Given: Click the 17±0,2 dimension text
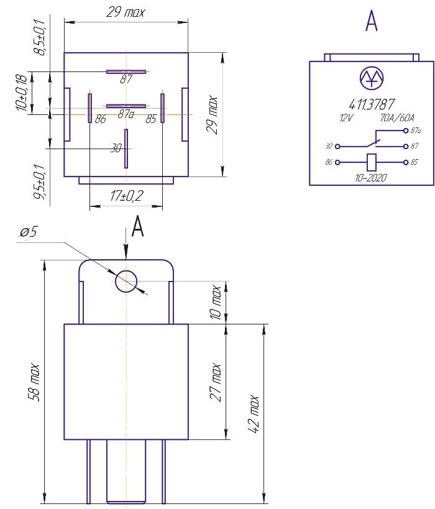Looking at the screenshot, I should tap(126, 196).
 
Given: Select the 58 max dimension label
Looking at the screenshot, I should tap(35, 383).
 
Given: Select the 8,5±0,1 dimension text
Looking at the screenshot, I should tap(40, 37).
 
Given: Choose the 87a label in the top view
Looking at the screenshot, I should tap(126, 114).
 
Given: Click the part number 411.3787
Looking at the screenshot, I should tap(372, 104).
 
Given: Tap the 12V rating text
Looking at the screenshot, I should tap(346, 117).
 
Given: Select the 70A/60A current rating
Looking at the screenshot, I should tap(395, 117).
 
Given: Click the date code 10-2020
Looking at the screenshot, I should tap(371, 178).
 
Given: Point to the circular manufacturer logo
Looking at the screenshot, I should tap(372, 77).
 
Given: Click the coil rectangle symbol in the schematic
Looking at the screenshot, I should tap(372, 163).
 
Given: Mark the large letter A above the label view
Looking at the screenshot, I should tap(372, 21).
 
